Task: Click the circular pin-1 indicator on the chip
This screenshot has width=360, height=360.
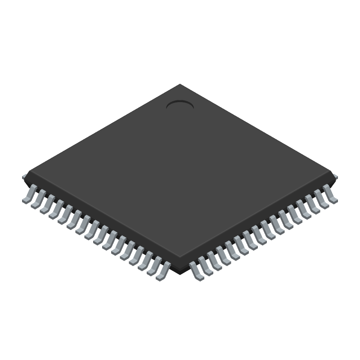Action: (180, 105)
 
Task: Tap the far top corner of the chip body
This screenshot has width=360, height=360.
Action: (180, 85)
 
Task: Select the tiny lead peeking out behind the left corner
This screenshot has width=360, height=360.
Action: (24, 177)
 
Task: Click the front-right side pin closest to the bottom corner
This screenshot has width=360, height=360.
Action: (197, 271)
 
